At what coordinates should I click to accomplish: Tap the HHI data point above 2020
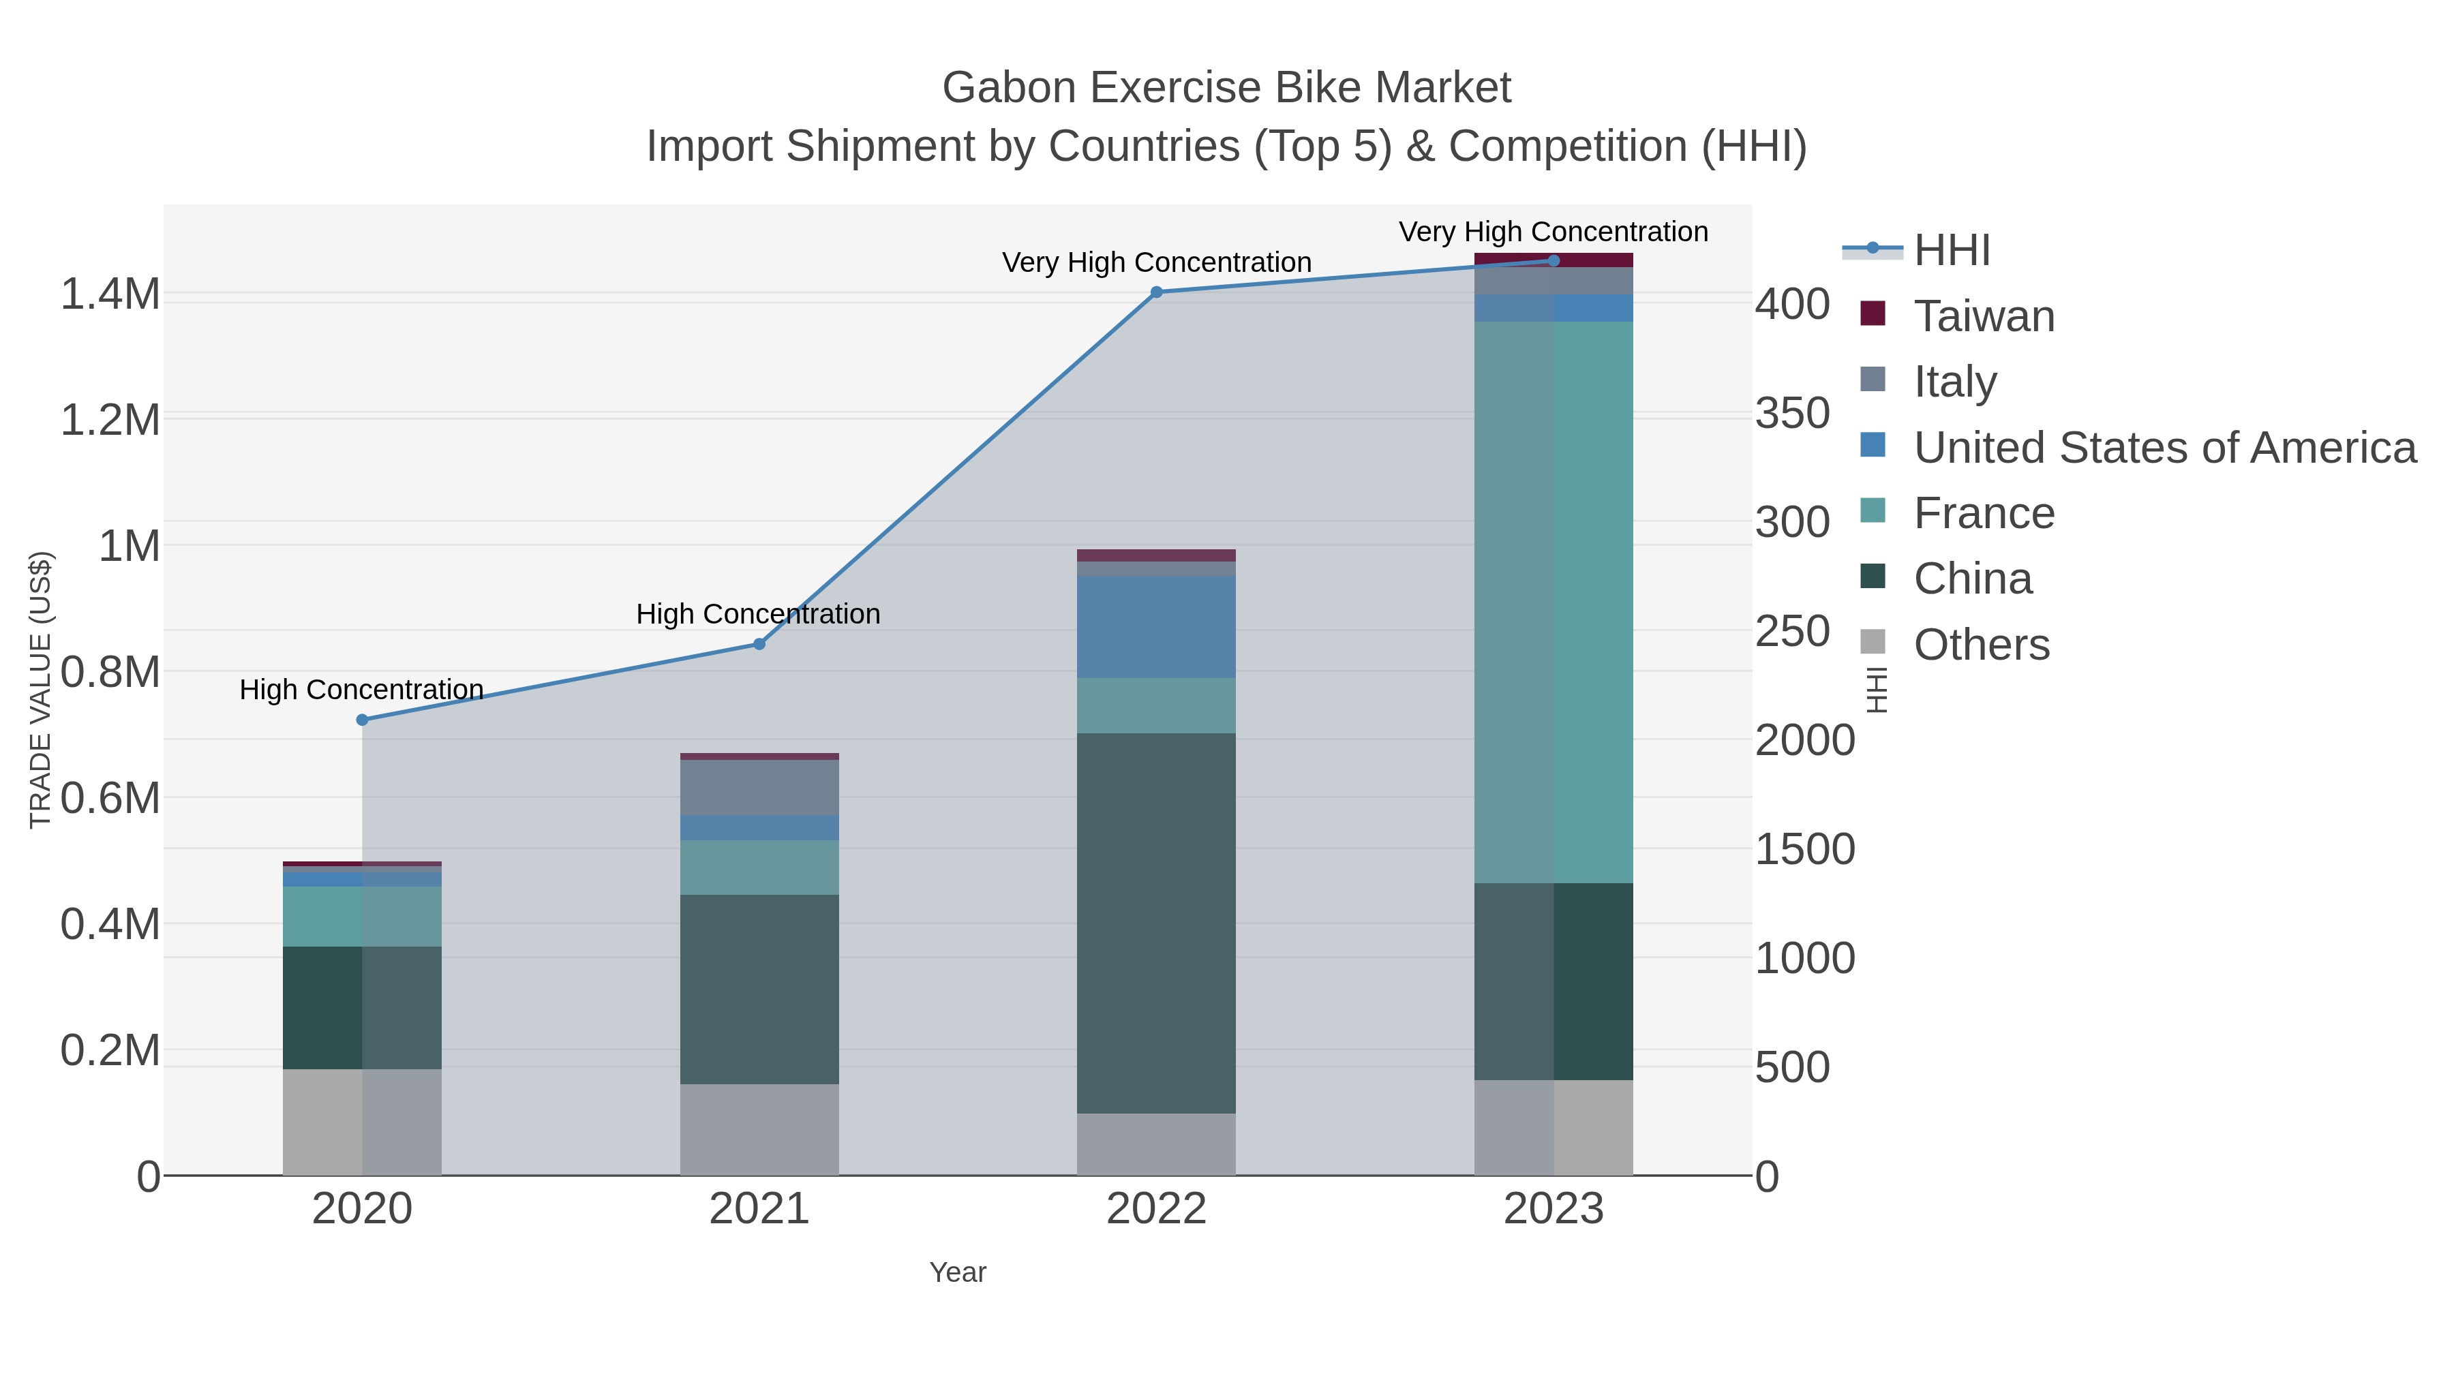(362, 720)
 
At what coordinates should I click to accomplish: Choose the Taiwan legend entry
(1984, 316)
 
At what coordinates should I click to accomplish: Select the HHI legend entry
(1951, 251)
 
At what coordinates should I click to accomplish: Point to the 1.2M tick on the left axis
(110, 420)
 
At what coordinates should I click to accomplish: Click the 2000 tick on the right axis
(1804, 741)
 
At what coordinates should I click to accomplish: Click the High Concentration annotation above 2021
(758, 614)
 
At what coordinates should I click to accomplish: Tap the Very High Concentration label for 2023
(1553, 232)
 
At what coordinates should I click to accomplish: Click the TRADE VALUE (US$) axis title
(41, 690)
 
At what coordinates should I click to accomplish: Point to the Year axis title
(958, 1272)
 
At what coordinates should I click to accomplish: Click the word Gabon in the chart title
(1010, 88)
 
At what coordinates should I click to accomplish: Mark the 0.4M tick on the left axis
(110, 925)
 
